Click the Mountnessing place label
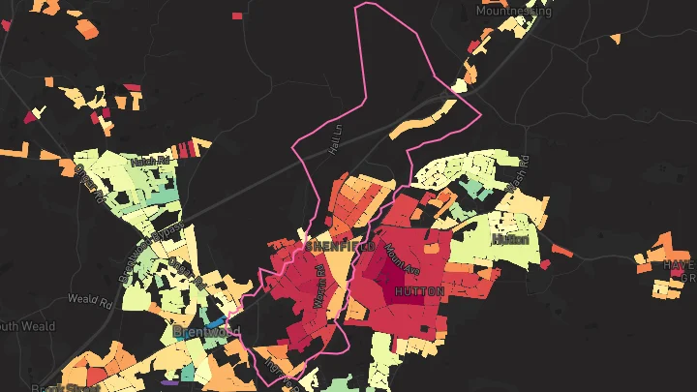click(x=514, y=11)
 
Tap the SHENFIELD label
click(x=340, y=248)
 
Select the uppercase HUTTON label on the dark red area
click(x=420, y=290)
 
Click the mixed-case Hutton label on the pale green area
click(x=510, y=238)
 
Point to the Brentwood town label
click(x=206, y=332)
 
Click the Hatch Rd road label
click(x=150, y=160)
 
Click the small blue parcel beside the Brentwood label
click(x=215, y=322)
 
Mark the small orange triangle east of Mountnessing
click(x=615, y=39)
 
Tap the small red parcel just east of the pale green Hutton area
click(x=545, y=263)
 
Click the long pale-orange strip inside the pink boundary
click(x=421, y=120)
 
